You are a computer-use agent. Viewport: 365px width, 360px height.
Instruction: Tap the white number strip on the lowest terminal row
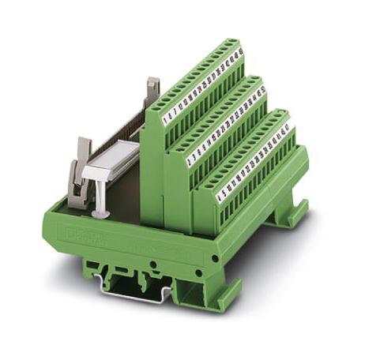[x=253, y=162]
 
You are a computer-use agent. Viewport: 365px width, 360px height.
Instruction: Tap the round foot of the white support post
[x=100, y=215]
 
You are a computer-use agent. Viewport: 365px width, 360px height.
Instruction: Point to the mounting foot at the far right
[x=284, y=213]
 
